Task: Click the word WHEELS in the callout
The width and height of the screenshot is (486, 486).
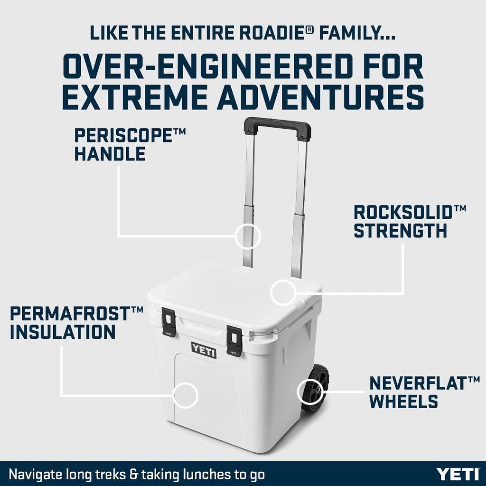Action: (x=403, y=401)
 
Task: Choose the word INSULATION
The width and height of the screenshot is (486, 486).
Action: (x=63, y=331)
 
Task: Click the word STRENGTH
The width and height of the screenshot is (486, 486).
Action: (x=401, y=231)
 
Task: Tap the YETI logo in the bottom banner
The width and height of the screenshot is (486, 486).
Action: (x=458, y=474)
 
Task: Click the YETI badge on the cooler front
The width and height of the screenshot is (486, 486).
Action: (x=204, y=350)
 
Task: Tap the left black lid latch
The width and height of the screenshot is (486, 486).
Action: (x=169, y=322)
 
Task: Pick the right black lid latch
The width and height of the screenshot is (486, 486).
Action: (x=234, y=340)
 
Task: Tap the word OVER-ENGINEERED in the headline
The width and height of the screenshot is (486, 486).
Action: (x=194, y=67)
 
